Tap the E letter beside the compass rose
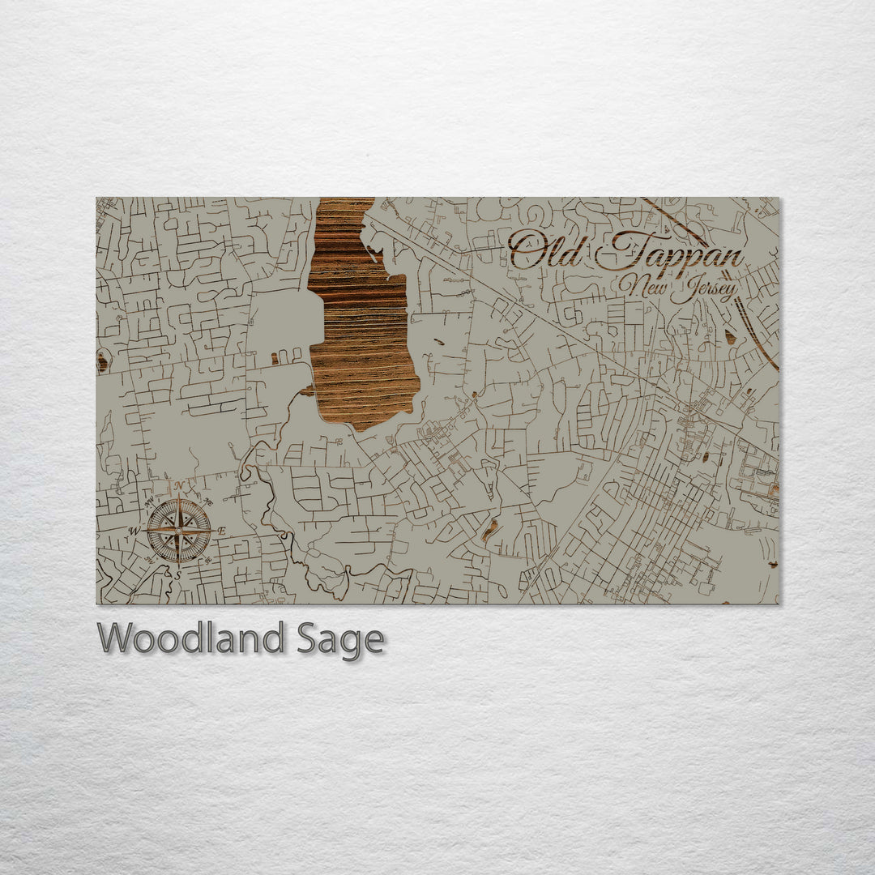point(222,531)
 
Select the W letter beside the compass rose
point(133,532)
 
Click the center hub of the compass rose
point(177,531)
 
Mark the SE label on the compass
point(207,561)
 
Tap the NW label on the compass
point(148,502)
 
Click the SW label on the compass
point(148,561)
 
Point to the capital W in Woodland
point(114,638)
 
